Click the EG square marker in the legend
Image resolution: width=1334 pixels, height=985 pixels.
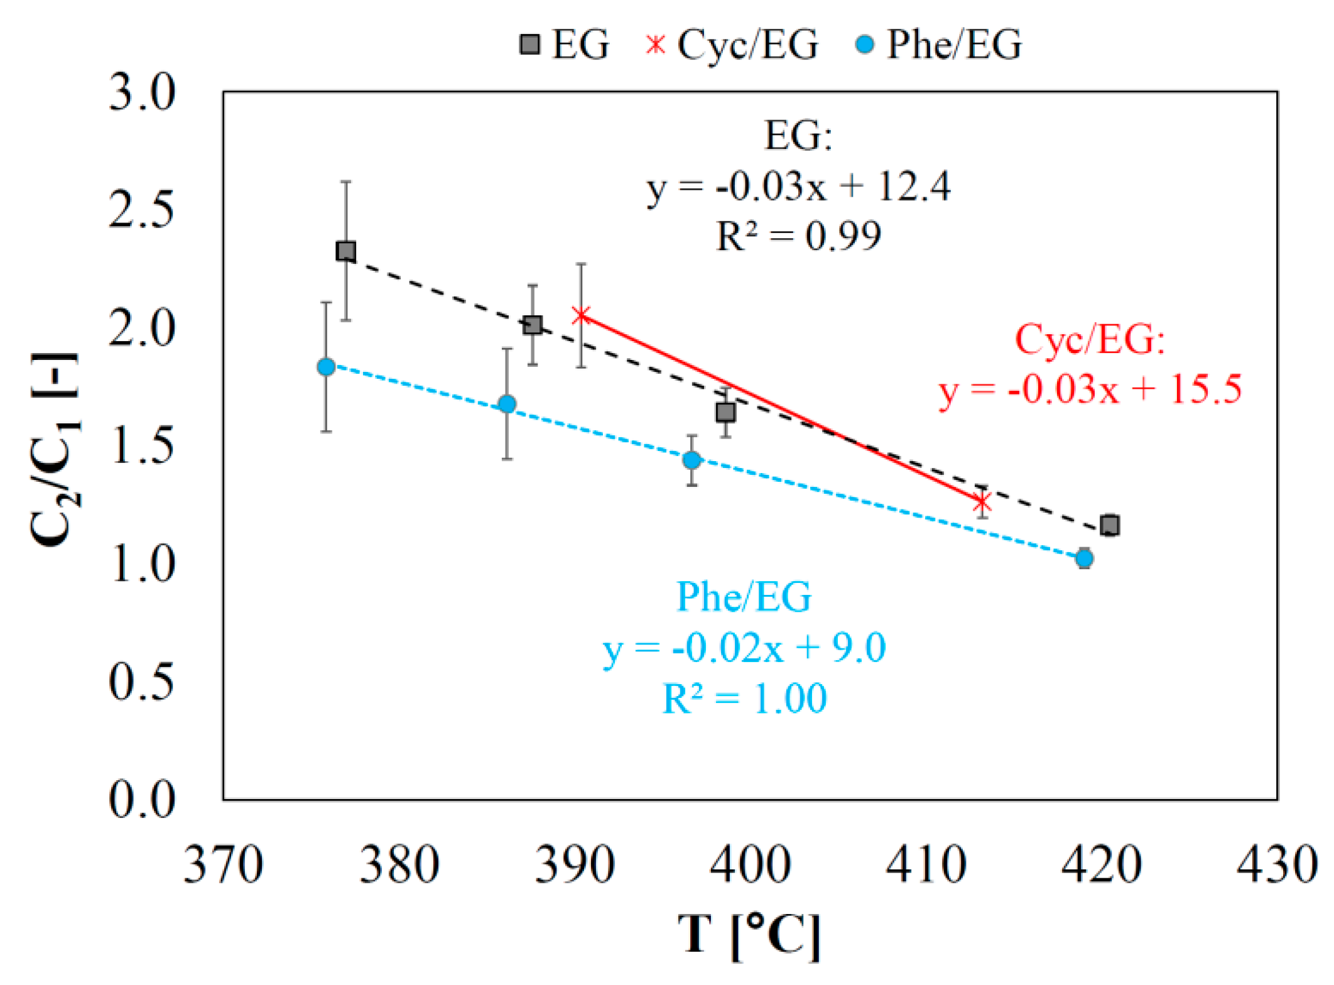tap(530, 45)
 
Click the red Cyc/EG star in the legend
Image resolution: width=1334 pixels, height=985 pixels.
tap(655, 45)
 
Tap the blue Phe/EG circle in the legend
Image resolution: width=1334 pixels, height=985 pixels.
tap(865, 45)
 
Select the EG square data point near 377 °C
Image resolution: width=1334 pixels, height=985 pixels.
tap(346, 251)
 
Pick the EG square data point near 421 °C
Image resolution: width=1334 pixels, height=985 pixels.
tap(1110, 525)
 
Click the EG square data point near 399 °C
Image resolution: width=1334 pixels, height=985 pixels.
tap(725, 412)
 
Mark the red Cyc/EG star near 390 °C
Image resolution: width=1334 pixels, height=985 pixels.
tap(582, 315)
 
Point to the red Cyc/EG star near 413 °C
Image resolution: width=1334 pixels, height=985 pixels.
tap(981, 502)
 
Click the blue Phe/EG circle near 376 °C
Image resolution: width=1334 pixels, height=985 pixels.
tap(326, 367)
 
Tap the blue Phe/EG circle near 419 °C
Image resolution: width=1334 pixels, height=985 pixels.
tap(1084, 558)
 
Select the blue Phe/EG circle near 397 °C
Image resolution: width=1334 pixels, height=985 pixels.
tap(691, 460)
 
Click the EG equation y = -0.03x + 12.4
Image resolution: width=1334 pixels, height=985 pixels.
tap(798, 187)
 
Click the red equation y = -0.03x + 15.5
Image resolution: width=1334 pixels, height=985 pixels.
tap(1090, 389)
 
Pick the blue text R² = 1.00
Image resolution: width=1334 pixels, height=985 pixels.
tap(744, 698)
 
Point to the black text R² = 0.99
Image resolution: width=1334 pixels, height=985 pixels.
tap(798, 236)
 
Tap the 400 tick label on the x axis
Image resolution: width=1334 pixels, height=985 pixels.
tap(750, 864)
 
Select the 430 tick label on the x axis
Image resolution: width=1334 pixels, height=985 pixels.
tap(1276, 864)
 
